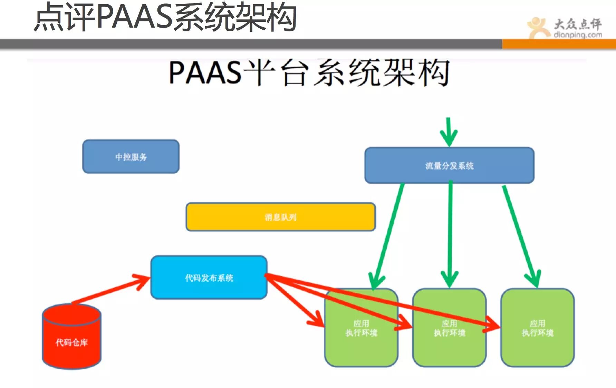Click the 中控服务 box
coord(131,157)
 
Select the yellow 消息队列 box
coord(280,217)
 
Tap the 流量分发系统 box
coord(449,166)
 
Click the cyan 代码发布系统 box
coord(209,278)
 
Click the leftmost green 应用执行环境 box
coord(361,345)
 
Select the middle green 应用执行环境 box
coord(449,345)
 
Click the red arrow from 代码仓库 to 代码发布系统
coord(110,289)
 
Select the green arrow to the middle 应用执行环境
coord(450,235)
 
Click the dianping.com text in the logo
coord(578,35)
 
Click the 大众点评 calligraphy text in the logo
coord(578,23)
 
